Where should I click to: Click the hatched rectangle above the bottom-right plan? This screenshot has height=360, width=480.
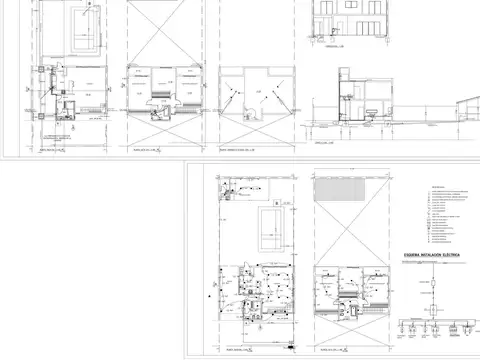[x=348, y=188]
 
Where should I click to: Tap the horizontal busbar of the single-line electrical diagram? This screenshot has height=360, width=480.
[x=436, y=321]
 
